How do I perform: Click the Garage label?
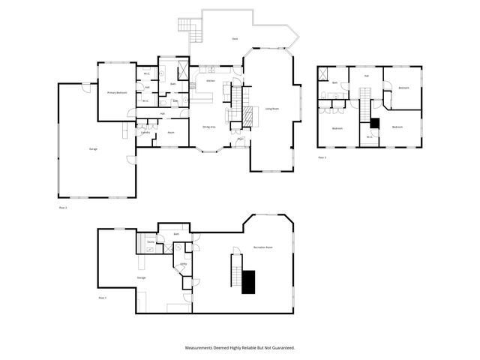coord(94,148)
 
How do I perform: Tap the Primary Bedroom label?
coord(116,92)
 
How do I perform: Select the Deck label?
coord(235,37)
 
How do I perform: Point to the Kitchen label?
coord(211,80)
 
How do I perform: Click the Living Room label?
coord(271,109)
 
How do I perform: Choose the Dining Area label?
coord(209,127)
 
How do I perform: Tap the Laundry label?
coord(145,133)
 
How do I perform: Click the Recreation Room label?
coord(262,247)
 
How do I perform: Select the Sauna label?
coord(151,242)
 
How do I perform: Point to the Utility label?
coord(183,264)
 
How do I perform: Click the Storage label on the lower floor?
coord(141,277)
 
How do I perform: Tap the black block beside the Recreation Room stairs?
coord(249,281)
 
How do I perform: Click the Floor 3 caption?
coord(322,157)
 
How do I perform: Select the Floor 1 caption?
coord(103,298)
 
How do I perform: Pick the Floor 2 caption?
coord(63,206)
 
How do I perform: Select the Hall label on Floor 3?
coord(366,76)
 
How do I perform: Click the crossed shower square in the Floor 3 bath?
coord(323,73)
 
